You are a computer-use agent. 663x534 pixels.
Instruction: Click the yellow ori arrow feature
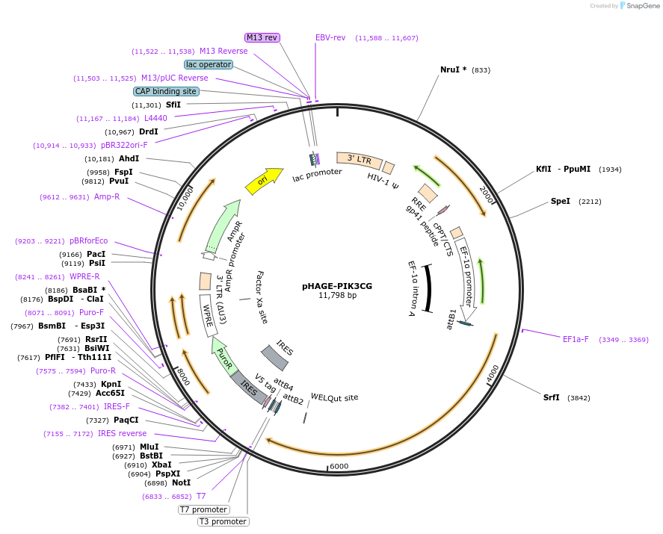tap(263, 179)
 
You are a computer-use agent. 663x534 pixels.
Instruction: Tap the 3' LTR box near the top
tap(359, 159)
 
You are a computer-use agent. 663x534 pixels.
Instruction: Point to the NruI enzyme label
tap(453, 69)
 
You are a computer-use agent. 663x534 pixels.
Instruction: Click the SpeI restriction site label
tap(560, 201)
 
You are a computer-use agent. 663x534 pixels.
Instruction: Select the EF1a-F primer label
tap(576, 339)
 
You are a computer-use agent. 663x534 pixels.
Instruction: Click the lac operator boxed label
tap(209, 64)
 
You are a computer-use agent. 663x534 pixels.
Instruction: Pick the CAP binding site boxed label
tap(166, 91)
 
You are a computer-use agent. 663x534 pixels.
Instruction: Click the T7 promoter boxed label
tap(203, 509)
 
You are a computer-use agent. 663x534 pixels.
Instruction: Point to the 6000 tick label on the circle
tap(339, 466)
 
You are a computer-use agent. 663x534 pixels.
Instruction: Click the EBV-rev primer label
tap(330, 37)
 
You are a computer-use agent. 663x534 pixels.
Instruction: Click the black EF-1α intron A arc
tap(428, 288)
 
